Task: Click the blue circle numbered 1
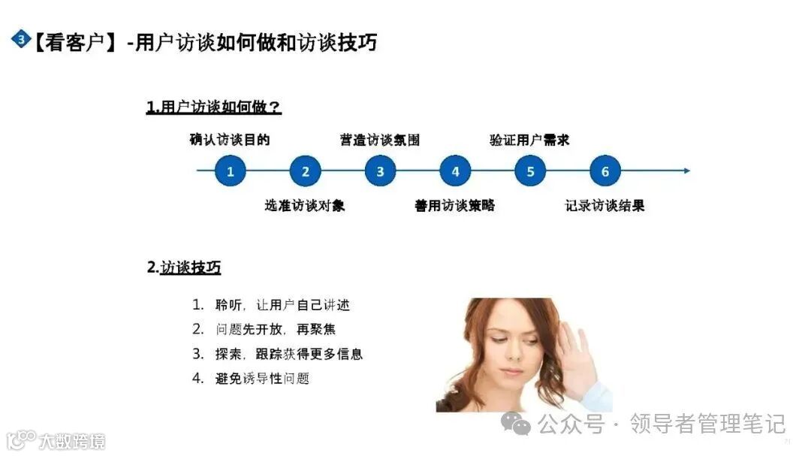(231, 171)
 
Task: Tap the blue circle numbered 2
(306, 171)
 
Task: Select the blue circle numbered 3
(381, 171)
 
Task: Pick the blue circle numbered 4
(455, 171)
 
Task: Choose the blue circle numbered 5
(530, 171)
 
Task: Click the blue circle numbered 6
(605, 171)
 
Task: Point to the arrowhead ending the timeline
(686, 171)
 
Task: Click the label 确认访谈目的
(230, 140)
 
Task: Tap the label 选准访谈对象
(305, 205)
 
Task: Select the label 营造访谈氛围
(380, 140)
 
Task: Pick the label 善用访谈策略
(455, 205)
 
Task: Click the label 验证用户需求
(530, 140)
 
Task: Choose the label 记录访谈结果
(605, 205)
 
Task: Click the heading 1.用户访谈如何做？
(214, 107)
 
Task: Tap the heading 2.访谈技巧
(184, 267)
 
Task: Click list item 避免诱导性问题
(262, 379)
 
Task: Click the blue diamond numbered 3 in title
(20, 39)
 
